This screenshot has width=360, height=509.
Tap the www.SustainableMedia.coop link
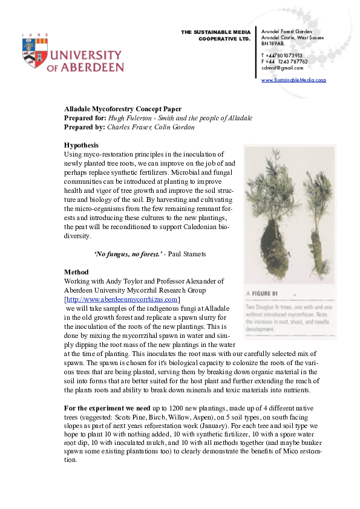click(x=293, y=80)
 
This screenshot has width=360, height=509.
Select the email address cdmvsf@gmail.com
click(x=282, y=68)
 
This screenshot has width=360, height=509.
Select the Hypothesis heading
click(x=81, y=145)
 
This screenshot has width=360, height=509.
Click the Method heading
click(x=76, y=272)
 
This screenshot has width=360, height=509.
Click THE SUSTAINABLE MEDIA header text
click(x=215, y=31)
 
